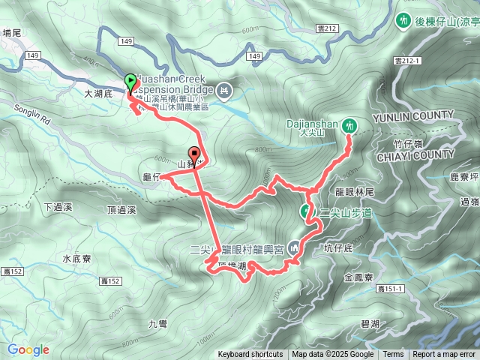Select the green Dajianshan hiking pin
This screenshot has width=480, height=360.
click(349, 126)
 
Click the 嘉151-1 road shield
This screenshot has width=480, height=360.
click(391, 289)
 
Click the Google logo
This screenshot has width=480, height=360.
click(28, 349)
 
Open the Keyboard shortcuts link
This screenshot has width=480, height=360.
click(250, 355)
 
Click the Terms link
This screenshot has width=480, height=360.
click(393, 355)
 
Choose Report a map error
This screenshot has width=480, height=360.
click(445, 355)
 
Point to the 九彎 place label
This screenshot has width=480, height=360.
click(157, 324)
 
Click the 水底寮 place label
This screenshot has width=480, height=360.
click(76, 259)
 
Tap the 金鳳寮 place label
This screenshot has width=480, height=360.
click(358, 277)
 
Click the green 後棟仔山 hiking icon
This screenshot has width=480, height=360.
click(405, 21)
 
